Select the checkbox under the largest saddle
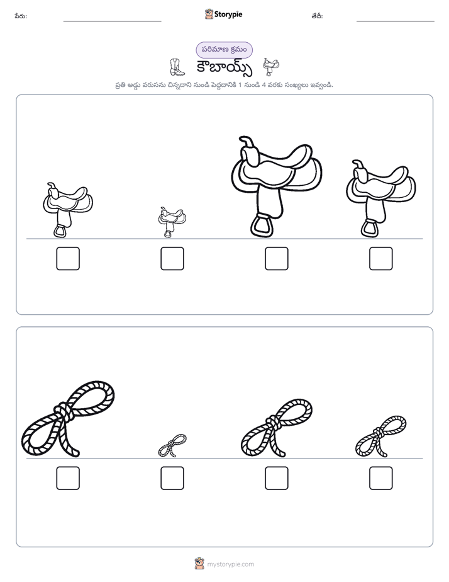[x=276, y=258]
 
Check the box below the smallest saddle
[x=172, y=258]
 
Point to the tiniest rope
[x=172, y=445]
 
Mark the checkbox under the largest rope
[x=68, y=478]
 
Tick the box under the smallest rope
[x=172, y=478]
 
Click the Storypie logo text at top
[x=228, y=14]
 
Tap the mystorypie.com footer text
[x=230, y=564]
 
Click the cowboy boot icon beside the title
[x=177, y=67]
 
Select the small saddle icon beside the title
[x=271, y=67]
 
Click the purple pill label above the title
[x=224, y=50]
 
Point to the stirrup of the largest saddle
[x=262, y=225]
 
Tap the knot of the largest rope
[x=64, y=411]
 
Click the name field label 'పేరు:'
[x=21, y=16]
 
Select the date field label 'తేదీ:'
[x=317, y=16]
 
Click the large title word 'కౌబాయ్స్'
[x=224, y=68]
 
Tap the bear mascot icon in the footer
[x=199, y=564]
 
